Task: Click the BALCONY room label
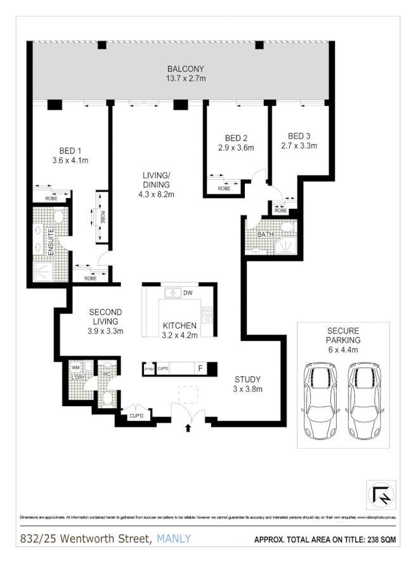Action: (x=186, y=69)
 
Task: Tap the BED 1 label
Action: (x=70, y=150)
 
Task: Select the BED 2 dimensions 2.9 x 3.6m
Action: (x=236, y=148)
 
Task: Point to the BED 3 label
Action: (x=299, y=136)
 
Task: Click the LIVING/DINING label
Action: (x=156, y=180)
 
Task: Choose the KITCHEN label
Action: (x=178, y=326)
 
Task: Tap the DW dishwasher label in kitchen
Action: (x=188, y=293)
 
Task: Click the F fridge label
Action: (x=200, y=368)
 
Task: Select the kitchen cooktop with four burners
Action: (x=207, y=315)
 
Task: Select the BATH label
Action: (x=264, y=235)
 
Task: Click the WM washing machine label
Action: (x=75, y=367)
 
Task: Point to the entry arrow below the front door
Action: (x=188, y=428)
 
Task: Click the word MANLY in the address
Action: (x=173, y=540)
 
